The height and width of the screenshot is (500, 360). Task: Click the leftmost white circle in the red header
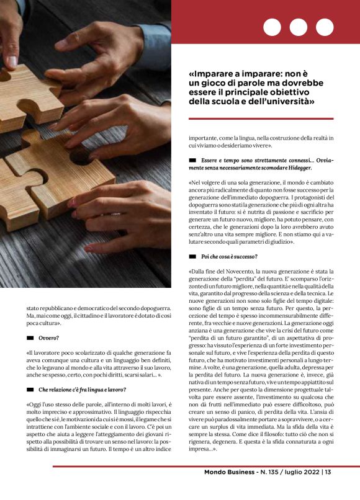coord(272,27)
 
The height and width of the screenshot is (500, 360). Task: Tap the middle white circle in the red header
coord(299,27)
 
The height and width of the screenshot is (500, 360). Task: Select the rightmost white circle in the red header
coord(325,27)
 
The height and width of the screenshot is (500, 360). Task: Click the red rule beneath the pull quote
coord(261,118)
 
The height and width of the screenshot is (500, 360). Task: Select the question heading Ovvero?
coord(49,339)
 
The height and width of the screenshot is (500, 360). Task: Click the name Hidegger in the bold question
coord(295,168)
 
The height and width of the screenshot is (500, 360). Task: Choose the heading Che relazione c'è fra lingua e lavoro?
coord(84,389)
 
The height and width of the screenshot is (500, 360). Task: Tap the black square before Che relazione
coord(30,389)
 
